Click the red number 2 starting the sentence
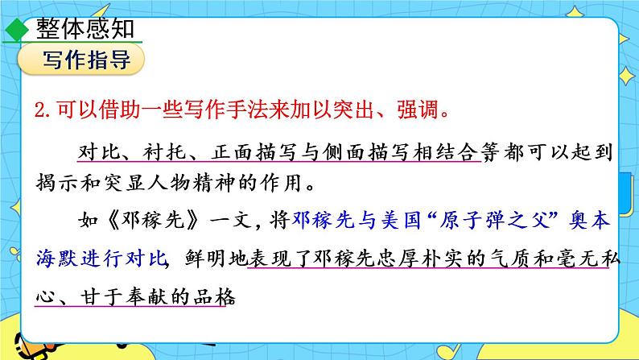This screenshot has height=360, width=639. click(x=42, y=109)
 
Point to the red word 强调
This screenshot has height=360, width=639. click(x=420, y=109)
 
